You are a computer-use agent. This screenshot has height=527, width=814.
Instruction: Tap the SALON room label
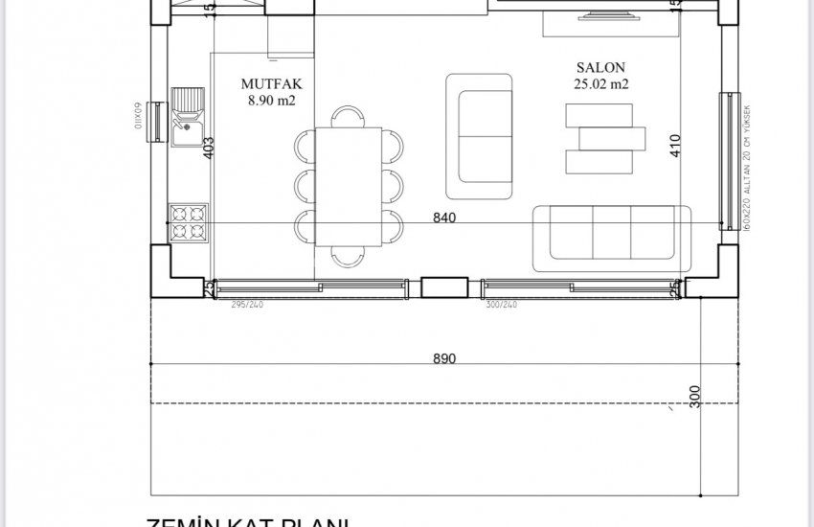pos(600,68)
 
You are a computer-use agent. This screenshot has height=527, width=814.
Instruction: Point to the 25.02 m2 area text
pos(600,84)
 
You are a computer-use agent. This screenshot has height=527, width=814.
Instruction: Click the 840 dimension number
pos(444,218)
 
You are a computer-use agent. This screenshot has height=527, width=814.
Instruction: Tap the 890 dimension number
pos(444,358)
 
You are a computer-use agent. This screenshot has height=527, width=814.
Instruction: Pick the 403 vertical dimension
pos(209,147)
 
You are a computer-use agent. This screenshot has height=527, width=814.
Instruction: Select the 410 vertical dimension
pos(675,145)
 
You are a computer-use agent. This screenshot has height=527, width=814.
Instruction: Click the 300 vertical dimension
pos(695,395)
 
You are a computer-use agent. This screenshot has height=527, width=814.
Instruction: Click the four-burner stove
pos(188,221)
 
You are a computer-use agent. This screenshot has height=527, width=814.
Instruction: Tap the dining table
pos(349,186)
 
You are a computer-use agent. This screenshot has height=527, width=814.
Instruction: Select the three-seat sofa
pos(611,237)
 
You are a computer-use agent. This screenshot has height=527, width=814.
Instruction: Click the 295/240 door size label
pos(246,304)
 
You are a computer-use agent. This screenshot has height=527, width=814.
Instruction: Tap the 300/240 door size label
pos(502,304)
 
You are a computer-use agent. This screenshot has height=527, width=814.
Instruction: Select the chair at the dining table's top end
pos(348,117)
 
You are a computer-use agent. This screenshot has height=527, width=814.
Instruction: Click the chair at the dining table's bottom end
pos(348,255)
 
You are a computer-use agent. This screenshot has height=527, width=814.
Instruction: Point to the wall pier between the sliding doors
pos(444,286)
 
